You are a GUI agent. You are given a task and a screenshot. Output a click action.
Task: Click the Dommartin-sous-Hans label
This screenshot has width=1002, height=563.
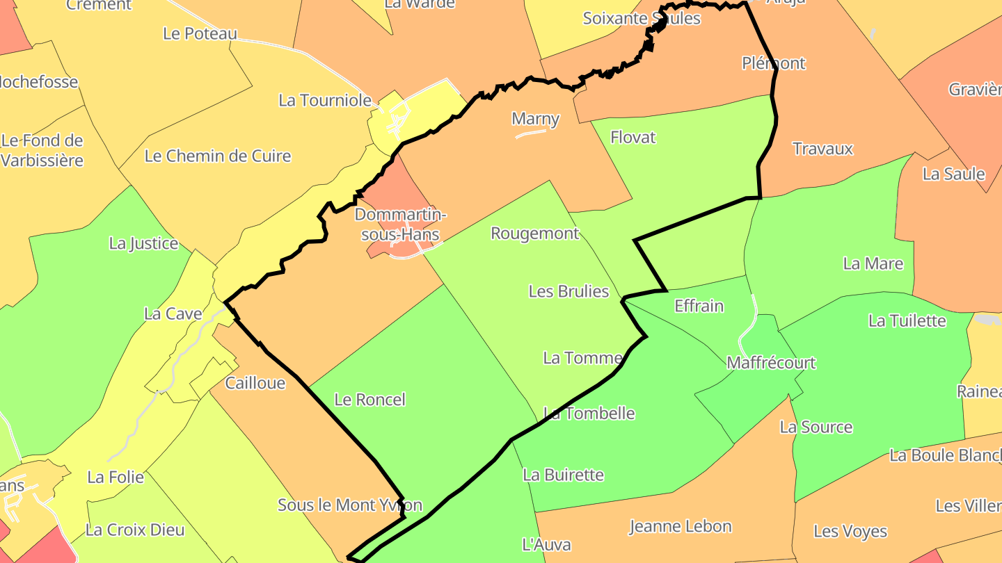400,224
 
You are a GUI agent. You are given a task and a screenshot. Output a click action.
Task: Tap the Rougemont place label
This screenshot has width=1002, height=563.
534,234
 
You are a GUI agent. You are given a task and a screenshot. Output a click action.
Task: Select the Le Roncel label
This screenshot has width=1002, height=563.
369,400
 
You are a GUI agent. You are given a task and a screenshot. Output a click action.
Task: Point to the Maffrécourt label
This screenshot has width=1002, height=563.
770,363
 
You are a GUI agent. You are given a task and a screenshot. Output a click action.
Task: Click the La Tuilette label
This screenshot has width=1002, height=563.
907,320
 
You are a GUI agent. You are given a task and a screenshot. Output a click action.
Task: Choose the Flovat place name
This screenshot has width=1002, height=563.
633,138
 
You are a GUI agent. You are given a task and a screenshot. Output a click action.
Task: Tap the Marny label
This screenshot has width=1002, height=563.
535,119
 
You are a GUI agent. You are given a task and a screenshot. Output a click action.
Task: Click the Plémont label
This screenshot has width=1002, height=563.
773,63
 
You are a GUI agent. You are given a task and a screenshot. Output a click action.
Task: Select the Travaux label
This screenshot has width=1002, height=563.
822,149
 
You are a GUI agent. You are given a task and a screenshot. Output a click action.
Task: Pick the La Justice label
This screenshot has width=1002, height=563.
143,243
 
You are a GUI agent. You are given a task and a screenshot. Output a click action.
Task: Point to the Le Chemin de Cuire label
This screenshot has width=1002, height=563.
217,156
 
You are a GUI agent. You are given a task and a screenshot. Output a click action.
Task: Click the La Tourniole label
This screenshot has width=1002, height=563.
325,100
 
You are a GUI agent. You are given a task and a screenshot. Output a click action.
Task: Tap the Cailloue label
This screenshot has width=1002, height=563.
255,383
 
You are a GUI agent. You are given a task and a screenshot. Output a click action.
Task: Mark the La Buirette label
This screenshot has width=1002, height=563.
563,475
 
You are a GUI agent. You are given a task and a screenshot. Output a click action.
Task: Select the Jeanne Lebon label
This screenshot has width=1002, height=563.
680,527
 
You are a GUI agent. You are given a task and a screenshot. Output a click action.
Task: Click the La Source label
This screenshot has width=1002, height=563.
816,427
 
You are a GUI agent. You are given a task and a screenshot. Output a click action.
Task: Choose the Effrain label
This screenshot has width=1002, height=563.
699,306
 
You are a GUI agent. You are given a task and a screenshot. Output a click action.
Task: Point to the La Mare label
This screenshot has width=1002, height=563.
873,263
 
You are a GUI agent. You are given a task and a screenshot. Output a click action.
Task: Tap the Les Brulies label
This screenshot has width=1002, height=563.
568,291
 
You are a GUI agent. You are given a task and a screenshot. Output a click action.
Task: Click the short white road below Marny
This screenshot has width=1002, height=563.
530,133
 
